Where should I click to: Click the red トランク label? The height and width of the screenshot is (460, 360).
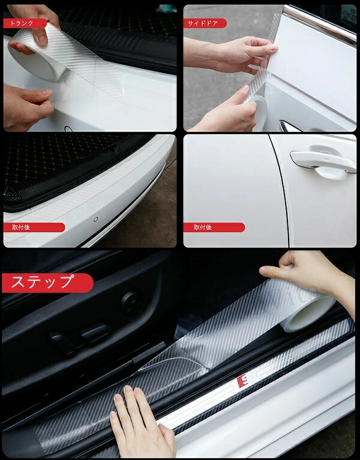pos(25,23)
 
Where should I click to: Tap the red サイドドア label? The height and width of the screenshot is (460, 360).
pos(205,23)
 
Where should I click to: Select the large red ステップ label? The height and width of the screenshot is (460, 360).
pos(47,283)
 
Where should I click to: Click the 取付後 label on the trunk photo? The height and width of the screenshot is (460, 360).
pos(34,228)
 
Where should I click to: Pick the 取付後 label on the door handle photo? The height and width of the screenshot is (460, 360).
pos(214,228)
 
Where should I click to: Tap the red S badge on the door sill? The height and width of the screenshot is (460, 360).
pos(243,381)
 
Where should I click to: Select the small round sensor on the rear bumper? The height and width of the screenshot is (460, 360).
pos(95,219)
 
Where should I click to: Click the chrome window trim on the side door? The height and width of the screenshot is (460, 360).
pos(320,23)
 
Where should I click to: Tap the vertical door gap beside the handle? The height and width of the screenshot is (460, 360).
pos(280,191)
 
